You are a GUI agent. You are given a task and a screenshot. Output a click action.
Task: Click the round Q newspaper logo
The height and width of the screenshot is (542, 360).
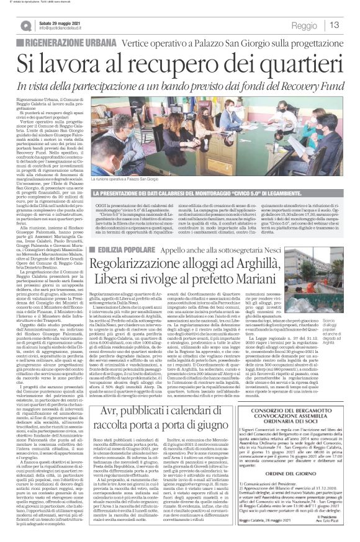[25, 25]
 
